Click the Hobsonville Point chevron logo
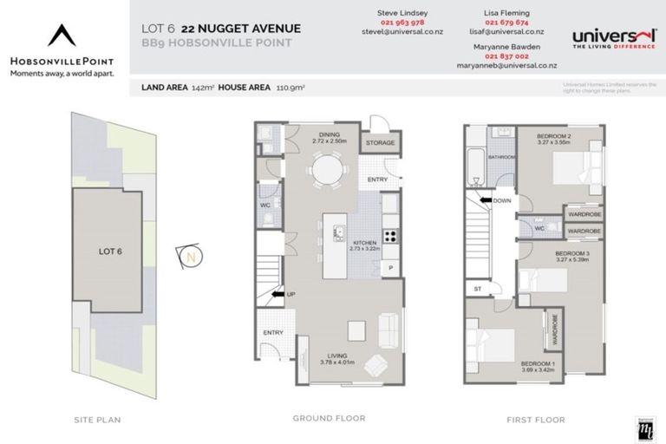click(x=62, y=34)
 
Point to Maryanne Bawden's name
click(x=506, y=45)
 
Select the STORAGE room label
click(x=380, y=142)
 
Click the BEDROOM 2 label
click(x=554, y=135)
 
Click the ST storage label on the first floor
click(x=477, y=288)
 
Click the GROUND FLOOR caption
click(x=329, y=419)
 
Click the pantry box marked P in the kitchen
click(x=390, y=268)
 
